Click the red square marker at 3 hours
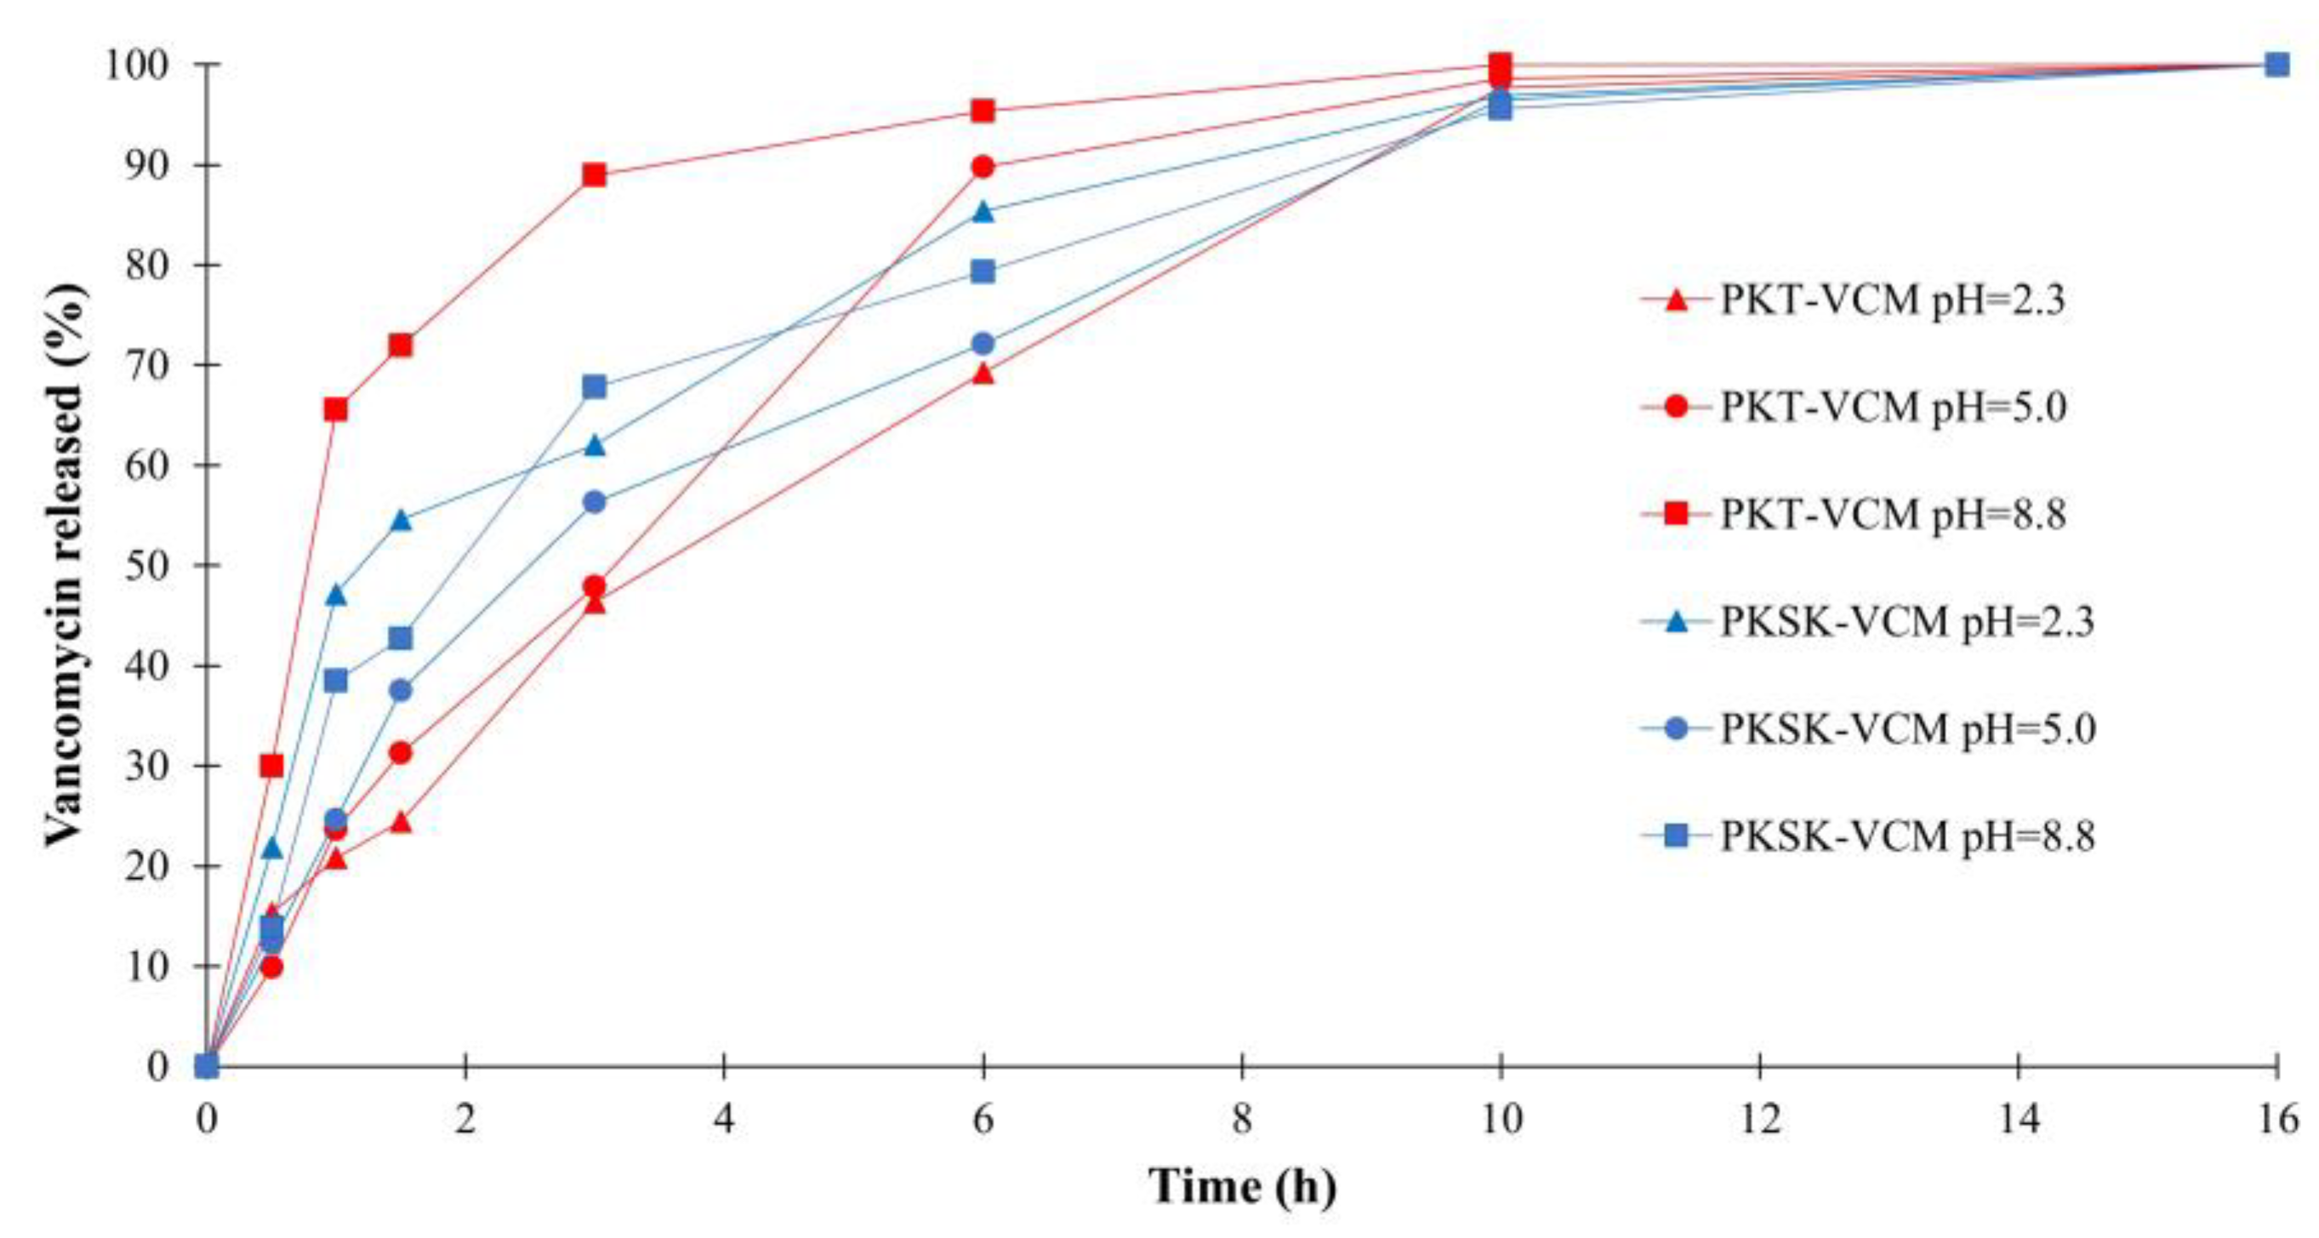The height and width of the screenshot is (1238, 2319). click(594, 174)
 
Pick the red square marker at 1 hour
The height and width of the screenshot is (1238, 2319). click(336, 409)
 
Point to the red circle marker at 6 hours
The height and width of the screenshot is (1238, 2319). click(983, 167)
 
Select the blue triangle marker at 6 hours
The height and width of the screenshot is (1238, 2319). click(983, 213)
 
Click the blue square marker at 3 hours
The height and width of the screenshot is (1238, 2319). click(594, 387)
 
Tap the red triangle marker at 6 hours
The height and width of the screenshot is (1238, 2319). click(983, 374)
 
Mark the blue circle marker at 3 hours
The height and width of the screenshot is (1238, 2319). click(594, 502)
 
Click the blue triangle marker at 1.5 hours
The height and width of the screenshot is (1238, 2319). click(401, 521)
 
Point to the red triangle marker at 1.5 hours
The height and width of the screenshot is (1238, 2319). click(401, 822)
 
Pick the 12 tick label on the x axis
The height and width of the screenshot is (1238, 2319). click(1760, 1120)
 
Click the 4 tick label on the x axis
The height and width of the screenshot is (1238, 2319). click(724, 1120)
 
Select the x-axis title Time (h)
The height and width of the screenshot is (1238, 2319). click(1241, 1188)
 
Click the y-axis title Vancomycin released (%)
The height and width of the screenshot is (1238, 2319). click(65, 566)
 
